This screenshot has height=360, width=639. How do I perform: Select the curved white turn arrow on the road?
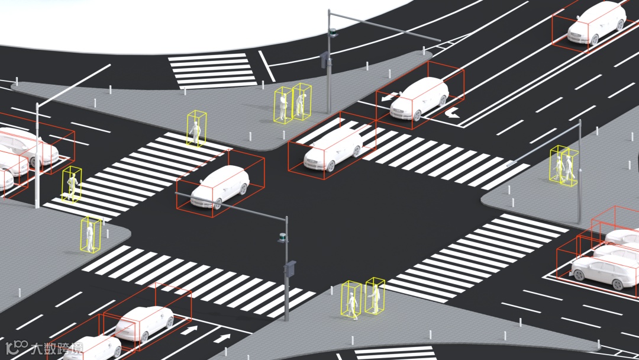point(452,112)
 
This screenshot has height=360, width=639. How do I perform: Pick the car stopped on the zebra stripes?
point(333,149)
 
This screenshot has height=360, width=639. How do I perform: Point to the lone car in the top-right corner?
point(596,23)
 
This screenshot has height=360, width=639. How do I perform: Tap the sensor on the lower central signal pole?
point(283,239)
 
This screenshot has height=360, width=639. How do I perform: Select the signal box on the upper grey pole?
point(324,60)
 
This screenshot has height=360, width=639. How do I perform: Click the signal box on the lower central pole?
point(290,269)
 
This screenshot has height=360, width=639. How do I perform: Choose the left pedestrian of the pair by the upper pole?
point(283,105)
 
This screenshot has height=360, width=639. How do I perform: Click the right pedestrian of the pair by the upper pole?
point(301,102)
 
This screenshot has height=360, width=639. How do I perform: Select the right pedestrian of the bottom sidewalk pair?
point(374,297)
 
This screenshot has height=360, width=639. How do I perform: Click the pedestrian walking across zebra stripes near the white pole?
point(72,186)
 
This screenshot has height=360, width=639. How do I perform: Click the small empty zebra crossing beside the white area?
point(212,70)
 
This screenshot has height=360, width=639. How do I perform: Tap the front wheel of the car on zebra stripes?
point(329,165)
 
